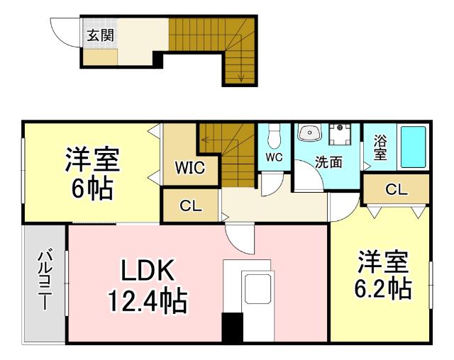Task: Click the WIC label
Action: (190, 168)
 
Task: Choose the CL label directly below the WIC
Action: (191, 207)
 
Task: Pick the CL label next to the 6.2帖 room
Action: (397, 189)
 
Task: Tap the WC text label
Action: (275, 157)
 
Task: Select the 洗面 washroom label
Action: (329, 162)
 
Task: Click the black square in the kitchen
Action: (232, 327)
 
